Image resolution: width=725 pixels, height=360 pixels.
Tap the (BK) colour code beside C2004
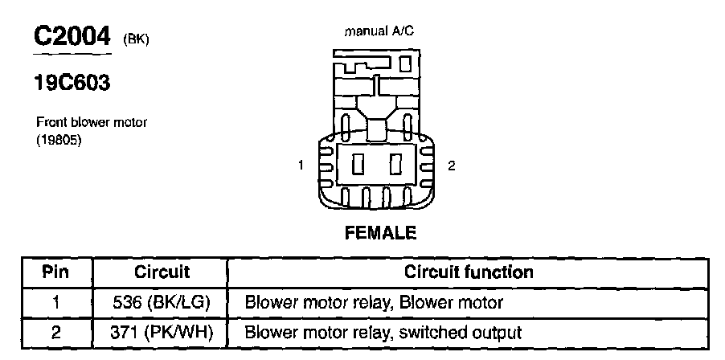136,39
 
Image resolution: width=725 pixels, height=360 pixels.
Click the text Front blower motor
91,123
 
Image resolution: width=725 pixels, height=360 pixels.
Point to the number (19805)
60,139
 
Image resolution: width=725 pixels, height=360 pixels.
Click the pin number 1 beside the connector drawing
301,166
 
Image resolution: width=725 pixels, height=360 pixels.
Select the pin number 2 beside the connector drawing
452,166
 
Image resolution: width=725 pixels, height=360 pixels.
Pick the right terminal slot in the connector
395,166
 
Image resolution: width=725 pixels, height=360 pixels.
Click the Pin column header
55,272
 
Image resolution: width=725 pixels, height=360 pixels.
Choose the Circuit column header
161,272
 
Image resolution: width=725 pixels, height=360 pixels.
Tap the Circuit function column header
469,272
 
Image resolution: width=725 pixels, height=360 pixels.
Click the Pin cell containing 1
55,302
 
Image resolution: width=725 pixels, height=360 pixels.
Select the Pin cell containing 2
55,331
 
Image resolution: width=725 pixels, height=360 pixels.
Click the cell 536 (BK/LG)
161,302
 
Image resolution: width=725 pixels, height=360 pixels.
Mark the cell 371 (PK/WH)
161,331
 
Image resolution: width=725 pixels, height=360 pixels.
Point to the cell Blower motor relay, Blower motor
374,302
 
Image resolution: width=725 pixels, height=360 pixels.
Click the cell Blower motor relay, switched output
383,331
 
